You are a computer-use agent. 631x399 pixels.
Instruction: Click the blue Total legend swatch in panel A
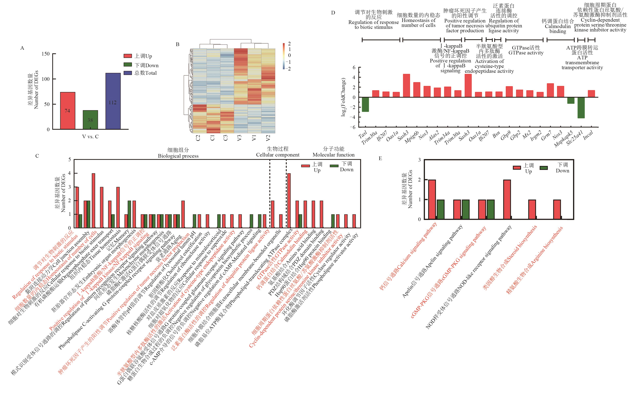pyautogui.click(x=128, y=73)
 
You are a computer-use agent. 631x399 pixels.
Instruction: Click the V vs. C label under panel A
pyautogui.click(x=90, y=136)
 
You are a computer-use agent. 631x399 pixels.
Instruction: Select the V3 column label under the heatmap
pyautogui.click(x=239, y=137)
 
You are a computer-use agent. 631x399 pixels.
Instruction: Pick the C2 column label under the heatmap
pyautogui.click(x=198, y=137)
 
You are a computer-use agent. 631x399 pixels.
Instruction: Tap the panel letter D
pyautogui.click(x=333, y=13)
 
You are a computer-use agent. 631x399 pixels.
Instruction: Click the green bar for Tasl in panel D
pyautogui.click(x=365, y=105)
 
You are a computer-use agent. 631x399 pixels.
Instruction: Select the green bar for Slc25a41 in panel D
pyautogui.click(x=581, y=108)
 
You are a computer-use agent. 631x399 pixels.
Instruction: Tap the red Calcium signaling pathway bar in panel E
pyautogui.click(x=432, y=199)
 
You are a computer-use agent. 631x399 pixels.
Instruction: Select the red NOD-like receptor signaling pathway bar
pyautogui.click(x=507, y=199)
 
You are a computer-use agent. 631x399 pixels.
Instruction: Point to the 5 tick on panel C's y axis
pyautogui.click(x=69, y=160)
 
